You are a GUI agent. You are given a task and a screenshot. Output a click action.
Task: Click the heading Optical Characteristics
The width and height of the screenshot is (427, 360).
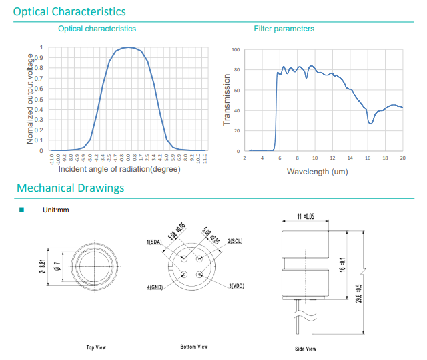69,11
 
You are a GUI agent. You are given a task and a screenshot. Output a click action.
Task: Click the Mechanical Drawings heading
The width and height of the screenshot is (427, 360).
70,188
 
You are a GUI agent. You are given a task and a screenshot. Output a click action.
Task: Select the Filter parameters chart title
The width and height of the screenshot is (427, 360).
284,29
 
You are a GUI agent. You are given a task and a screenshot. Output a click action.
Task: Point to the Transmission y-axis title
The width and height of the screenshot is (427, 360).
227,100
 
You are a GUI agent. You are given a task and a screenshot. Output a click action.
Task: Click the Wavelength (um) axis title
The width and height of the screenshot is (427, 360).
317,172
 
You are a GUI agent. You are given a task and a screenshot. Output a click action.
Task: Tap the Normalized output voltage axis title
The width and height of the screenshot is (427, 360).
30,98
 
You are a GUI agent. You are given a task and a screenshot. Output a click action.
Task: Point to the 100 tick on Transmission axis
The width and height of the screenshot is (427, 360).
236,50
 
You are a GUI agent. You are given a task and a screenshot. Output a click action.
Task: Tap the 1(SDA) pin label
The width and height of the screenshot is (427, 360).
155,242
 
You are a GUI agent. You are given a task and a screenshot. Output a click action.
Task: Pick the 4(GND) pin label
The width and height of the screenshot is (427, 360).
155,287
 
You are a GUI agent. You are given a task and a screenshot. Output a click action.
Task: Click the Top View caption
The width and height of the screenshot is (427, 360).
96,347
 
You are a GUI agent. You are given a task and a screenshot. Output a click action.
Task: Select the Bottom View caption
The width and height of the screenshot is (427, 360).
194,347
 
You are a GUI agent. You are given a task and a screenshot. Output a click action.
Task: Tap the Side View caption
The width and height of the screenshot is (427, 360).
306,349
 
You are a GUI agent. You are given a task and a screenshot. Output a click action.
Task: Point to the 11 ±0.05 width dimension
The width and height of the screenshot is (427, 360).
305,216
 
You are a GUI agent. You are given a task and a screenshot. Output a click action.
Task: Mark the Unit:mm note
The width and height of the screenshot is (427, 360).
56,210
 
